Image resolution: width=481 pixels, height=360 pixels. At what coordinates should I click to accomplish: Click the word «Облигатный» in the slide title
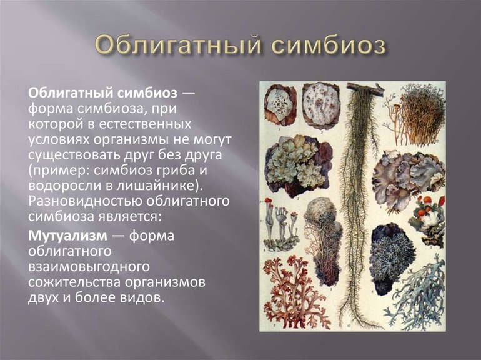pos(178,46)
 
